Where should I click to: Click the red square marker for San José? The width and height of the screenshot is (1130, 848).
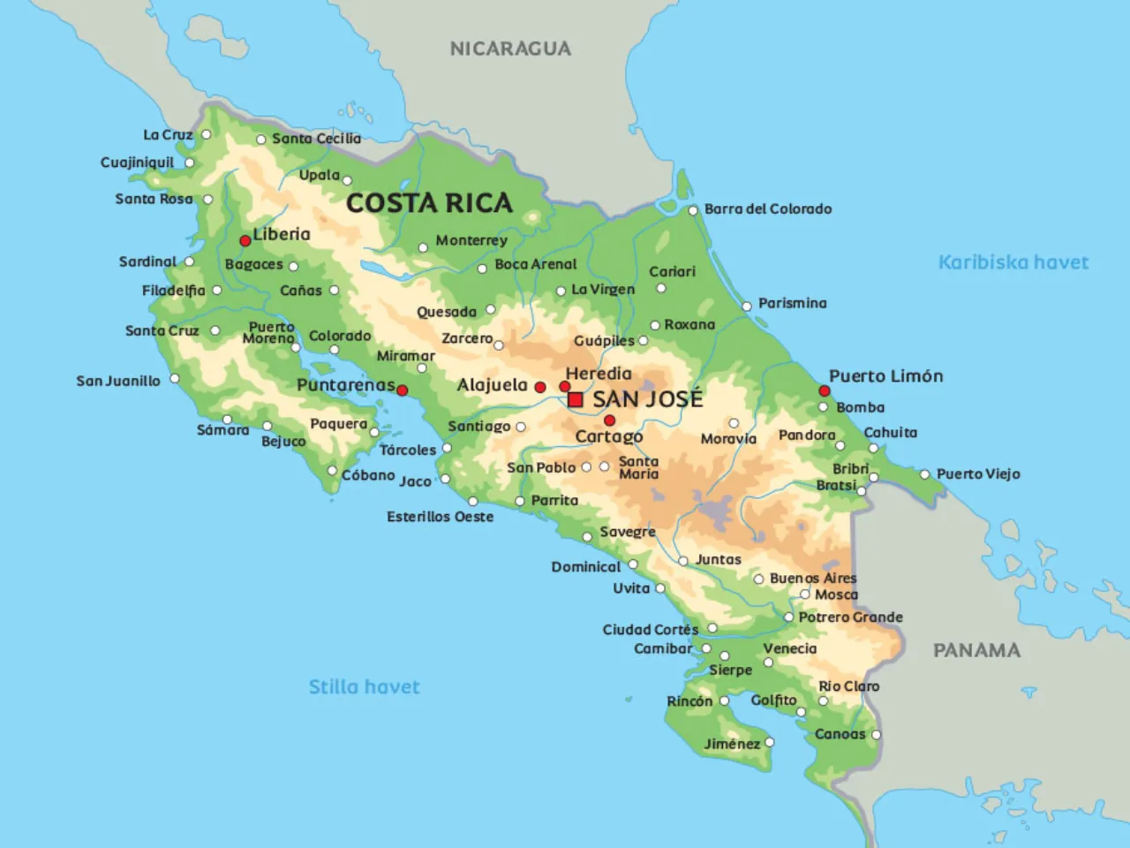coord(576,400)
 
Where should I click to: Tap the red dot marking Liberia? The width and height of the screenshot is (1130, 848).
coord(245,240)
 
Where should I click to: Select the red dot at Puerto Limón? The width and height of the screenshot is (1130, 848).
coord(824,390)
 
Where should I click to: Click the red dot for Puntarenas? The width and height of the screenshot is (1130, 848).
coord(403,390)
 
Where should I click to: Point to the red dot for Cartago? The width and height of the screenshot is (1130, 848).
coord(609,420)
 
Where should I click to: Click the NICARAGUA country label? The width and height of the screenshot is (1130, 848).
coord(510,49)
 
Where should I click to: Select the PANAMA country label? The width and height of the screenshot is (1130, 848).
coord(976,650)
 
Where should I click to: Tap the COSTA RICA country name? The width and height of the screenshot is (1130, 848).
coord(429,203)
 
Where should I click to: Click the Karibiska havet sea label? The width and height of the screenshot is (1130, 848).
coord(1013,262)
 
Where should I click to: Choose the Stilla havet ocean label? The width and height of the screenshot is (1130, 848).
coord(364,686)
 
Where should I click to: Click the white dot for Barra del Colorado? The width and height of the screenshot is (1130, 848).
coord(693,210)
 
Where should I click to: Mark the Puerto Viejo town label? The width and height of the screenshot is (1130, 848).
coord(978,474)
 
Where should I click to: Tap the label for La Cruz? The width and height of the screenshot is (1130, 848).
coord(168,134)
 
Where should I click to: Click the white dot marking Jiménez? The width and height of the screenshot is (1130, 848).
coord(770,743)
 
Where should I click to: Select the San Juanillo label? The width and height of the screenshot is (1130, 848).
coord(118,381)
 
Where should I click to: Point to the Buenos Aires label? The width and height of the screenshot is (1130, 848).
coord(813,579)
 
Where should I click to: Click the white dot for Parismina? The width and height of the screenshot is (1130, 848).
coord(747,306)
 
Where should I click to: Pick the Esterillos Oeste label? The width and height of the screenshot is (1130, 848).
coord(440,517)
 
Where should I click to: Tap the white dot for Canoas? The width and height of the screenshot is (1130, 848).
coord(876,734)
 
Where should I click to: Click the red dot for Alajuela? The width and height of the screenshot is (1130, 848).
coord(540,387)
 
